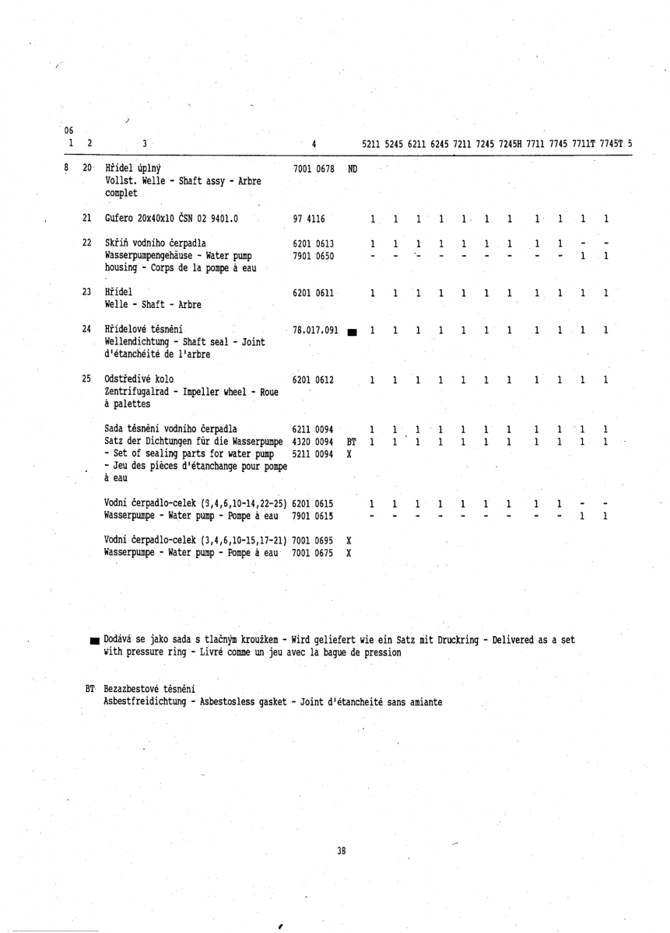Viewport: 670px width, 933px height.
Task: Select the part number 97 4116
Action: (308, 219)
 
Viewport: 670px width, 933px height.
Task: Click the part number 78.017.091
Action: (317, 330)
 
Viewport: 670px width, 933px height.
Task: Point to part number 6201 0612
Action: (314, 379)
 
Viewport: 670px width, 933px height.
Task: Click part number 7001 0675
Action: (314, 554)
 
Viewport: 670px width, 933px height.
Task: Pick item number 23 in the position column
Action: (87, 292)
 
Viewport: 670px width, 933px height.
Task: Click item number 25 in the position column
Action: (87, 379)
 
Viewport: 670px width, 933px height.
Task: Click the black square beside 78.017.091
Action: (352, 333)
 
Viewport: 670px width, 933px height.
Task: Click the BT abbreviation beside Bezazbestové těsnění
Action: (91, 689)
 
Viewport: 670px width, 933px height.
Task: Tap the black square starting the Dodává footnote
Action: (95, 641)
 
